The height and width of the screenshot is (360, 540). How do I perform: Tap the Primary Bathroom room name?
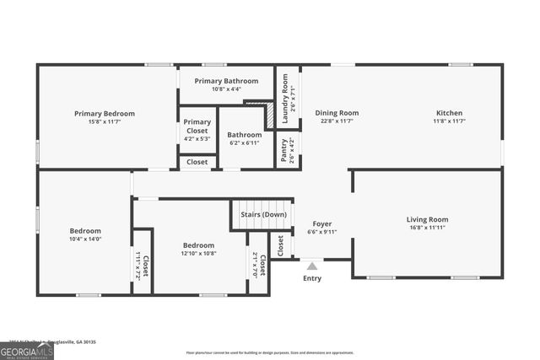[226, 81]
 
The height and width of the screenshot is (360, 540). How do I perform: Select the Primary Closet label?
[197, 126]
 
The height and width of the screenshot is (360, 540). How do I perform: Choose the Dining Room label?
[337, 113]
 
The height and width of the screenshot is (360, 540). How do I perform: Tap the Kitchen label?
[449, 113]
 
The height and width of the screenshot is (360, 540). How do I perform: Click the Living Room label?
[428, 219]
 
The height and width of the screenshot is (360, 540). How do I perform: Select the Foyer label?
[322, 223]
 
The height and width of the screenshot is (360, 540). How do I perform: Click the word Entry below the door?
[312, 278]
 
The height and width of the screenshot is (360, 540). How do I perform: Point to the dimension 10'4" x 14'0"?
[85, 239]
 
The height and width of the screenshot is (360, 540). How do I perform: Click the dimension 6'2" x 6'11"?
[245, 142]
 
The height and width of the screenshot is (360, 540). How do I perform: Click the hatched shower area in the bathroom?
[267, 116]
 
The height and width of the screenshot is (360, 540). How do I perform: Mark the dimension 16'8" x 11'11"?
[428, 228]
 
